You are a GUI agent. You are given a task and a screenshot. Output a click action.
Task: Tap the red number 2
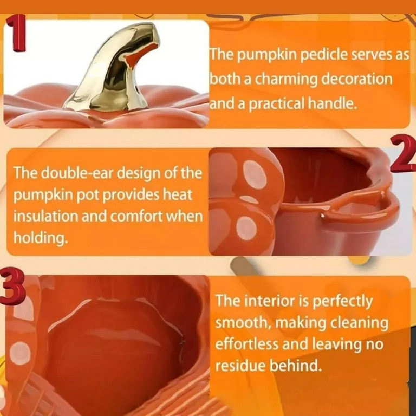click(x=402, y=155)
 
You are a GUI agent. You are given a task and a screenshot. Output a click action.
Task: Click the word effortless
click(x=246, y=344)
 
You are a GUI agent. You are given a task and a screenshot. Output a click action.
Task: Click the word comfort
click(x=141, y=216)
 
